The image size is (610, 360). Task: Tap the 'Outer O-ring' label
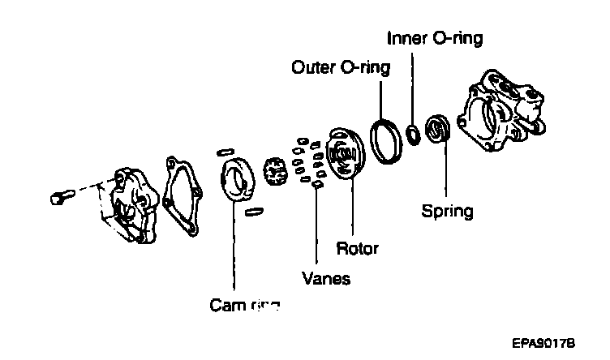(x=340, y=67)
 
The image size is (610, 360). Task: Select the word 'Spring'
(x=447, y=212)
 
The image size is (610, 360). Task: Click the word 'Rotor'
(x=357, y=246)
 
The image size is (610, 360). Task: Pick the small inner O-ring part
(x=415, y=132)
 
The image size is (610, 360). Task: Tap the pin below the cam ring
(x=253, y=212)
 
